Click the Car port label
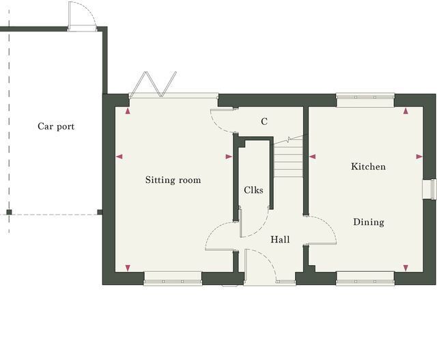(56, 126)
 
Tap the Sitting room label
(173, 180)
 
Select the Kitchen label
(369, 167)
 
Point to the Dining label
(369, 222)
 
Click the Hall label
(280, 239)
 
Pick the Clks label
(253, 190)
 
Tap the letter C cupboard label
(264, 122)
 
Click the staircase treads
(288, 158)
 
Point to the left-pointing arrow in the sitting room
(119, 156)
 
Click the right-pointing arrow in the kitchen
(419, 156)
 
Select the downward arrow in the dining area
(406, 268)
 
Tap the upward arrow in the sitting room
(128, 111)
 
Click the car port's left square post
(9, 212)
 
